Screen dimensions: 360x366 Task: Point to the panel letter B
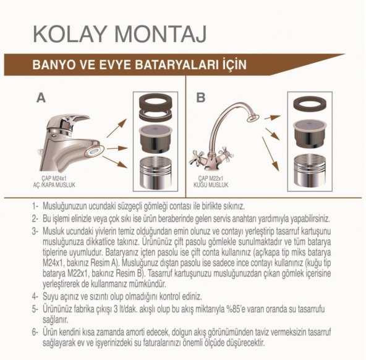[x=200, y=97]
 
